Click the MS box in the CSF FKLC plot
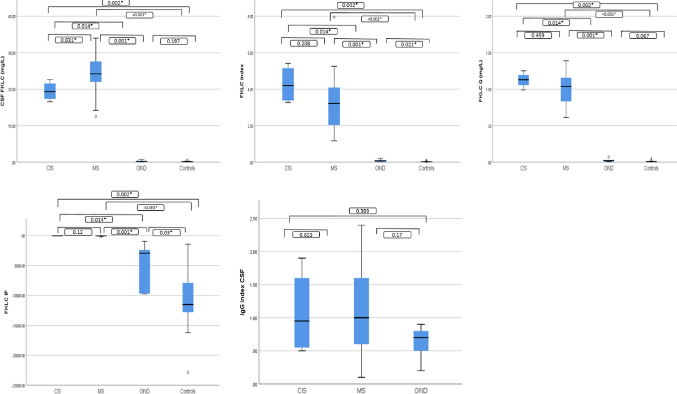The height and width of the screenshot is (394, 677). pyautogui.click(x=95, y=72)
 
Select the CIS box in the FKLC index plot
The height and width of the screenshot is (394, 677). pyautogui.click(x=288, y=85)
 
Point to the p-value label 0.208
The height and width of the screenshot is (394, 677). pyautogui.click(x=303, y=43)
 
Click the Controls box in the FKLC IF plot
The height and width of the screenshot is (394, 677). pyautogui.click(x=187, y=305)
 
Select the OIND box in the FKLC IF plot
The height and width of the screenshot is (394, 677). pyautogui.click(x=144, y=271)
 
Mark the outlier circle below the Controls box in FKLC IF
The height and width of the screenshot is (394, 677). pyautogui.click(x=187, y=372)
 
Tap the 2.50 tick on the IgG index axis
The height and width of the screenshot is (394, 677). pyautogui.click(x=250, y=218)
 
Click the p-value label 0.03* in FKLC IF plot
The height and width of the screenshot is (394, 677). pyautogui.click(x=166, y=232)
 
